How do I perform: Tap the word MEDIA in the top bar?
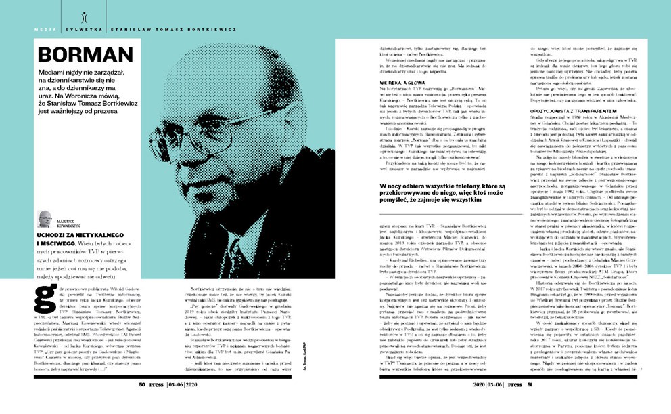pyautogui.click(x=45, y=30)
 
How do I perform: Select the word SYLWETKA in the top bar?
pyautogui.click(x=81, y=30)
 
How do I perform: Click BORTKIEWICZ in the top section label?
pyautogui.click(x=205, y=30)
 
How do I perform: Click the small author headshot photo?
pyautogui.click(x=45, y=219)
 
